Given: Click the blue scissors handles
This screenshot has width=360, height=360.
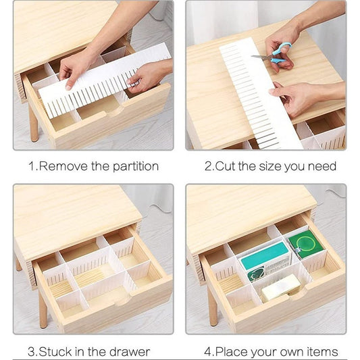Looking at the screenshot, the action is pyautogui.click(x=280, y=53).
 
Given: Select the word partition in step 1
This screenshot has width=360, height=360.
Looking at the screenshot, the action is pyautogui.click(x=136, y=166).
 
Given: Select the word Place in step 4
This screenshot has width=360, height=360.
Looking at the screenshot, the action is pyautogui.click(x=232, y=351).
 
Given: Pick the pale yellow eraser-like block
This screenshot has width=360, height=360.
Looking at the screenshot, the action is pyautogui.click(x=280, y=288).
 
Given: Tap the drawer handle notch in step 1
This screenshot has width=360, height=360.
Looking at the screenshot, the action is pyautogui.click(x=114, y=112).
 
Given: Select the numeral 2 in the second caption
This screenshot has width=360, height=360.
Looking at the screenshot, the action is pyautogui.click(x=208, y=166).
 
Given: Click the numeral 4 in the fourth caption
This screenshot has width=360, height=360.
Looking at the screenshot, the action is pyautogui.click(x=207, y=352).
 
